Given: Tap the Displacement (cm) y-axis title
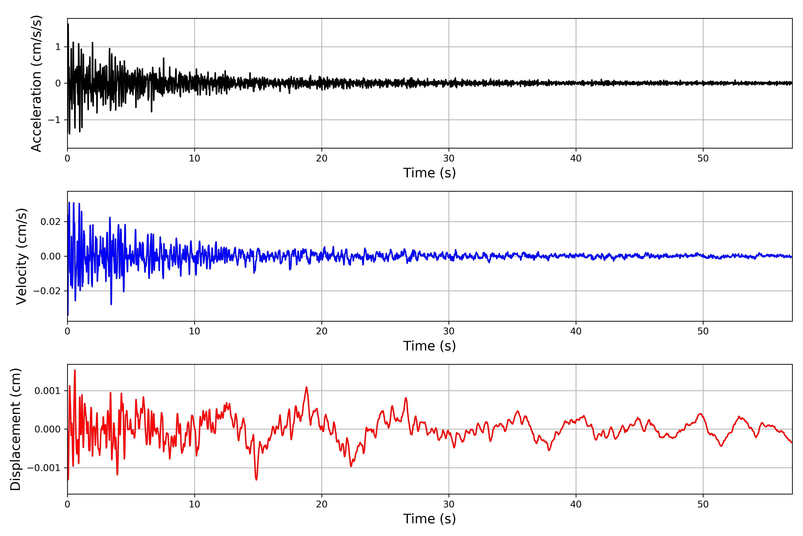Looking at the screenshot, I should coord(15,429).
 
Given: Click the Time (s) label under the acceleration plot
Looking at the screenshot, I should coord(430,173).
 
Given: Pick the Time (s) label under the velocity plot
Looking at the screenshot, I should coord(430,346).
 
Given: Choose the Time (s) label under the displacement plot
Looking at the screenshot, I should coord(430,519).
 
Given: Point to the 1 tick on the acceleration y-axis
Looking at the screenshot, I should coord(58,47).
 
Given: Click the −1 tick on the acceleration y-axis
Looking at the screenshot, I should coord(54,120).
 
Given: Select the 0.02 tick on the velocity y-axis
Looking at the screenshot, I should coord(51,222).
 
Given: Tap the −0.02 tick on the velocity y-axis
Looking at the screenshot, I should coord(47,291).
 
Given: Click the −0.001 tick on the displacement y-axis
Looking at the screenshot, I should coord(44,468).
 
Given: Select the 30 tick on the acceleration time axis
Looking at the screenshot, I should coord(449,159).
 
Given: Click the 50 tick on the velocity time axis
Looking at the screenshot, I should coord(703,331).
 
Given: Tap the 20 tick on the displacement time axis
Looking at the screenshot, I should coord(322,504).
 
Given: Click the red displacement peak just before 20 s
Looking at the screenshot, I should coord(306,387).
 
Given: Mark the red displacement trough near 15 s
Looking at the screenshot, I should coord(256,479).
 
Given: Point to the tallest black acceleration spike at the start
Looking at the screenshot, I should coord(68,24).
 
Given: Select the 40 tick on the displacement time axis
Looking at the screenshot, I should coord(576,504).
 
